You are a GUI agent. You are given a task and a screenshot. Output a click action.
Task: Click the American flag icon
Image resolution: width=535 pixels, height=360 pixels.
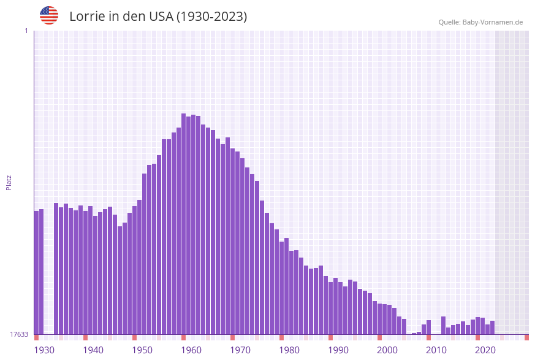(49, 15)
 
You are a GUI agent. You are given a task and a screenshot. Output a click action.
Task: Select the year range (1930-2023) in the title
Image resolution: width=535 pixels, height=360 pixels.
(211, 17)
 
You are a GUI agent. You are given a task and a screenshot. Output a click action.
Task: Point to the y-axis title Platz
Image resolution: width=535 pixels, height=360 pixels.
(9, 182)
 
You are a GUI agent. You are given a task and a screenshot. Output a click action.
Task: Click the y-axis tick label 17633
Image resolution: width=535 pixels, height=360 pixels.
(19, 334)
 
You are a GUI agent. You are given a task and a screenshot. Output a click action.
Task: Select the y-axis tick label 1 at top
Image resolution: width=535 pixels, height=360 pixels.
(26, 31)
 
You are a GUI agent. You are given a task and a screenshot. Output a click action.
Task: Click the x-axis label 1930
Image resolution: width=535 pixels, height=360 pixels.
(44, 350)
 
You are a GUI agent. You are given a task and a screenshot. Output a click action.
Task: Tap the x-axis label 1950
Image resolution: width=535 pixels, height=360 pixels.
(142, 350)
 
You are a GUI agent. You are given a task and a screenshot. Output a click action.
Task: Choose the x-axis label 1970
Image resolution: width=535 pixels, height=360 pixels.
(240, 350)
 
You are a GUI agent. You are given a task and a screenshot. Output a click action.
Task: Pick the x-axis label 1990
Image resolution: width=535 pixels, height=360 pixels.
(338, 350)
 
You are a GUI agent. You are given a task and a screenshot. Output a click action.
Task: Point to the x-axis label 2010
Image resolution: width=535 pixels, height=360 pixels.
(436, 350)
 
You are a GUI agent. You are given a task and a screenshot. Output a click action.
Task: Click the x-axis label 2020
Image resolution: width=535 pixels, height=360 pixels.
(485, 350)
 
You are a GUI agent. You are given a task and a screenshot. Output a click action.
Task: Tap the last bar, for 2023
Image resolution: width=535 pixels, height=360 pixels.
(492, 327)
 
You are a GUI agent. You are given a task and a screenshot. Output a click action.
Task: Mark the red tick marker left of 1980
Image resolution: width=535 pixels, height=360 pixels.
(281, 337)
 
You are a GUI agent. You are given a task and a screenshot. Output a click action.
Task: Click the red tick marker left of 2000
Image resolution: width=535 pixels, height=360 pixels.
(379, 337)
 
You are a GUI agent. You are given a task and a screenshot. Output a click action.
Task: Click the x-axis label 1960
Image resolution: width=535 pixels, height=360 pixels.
(191, 350)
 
